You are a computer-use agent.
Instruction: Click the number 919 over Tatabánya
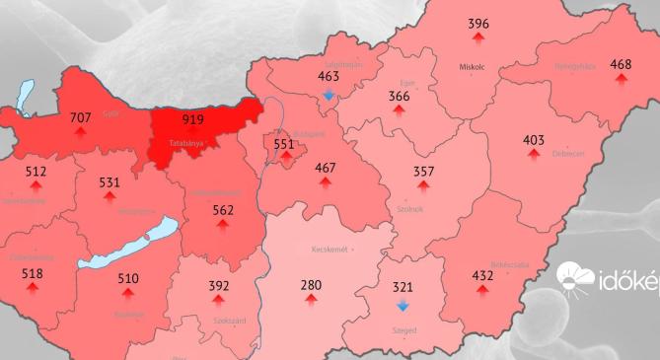point(193,119)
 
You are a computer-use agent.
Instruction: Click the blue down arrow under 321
point(403,306)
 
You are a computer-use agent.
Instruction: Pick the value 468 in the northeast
point(621,64)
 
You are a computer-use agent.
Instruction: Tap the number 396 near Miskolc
point(478,24)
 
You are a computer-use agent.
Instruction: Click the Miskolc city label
point(474,68)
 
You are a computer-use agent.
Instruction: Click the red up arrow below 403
point(534,156)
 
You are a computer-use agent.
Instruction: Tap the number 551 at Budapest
point(284,144)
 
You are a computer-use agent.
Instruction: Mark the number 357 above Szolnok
point(424,171)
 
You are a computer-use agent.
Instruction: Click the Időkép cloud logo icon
point(575,279)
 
